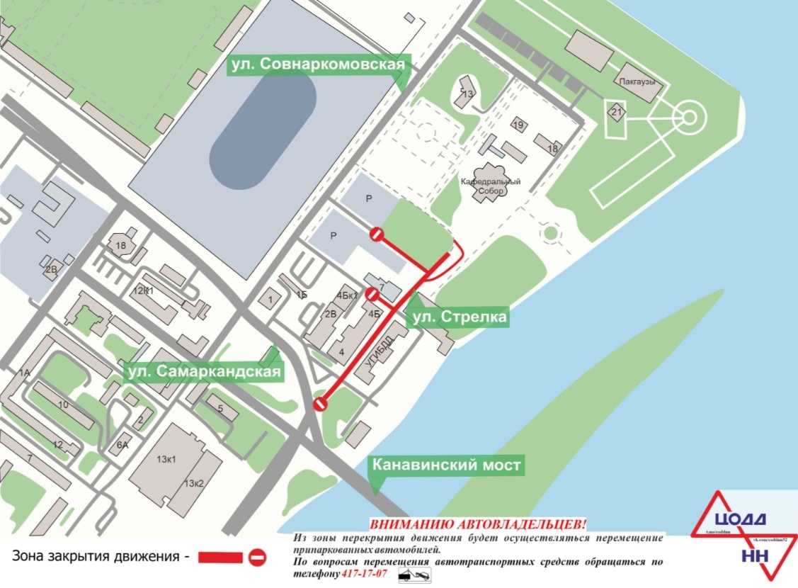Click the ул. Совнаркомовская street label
(x=318, y=65)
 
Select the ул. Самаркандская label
(x=204, y=371)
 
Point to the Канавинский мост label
(x=447, y=465)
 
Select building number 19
(x=518, y=125)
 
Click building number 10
(x=63, y=405)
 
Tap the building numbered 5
(x=220, y=409)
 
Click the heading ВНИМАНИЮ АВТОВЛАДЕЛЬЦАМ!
(x=479, y=525)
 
